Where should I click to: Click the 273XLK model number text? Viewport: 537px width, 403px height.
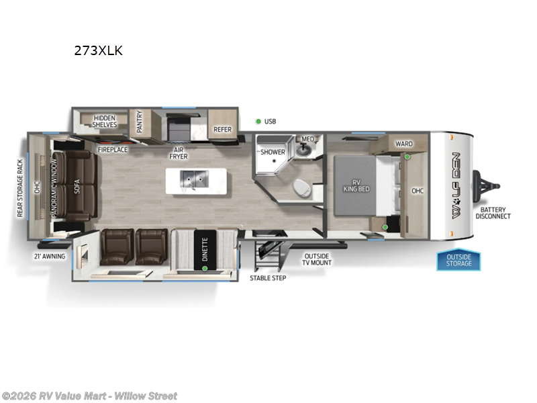(98, 50)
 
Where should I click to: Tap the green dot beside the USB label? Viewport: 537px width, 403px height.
(258, 122)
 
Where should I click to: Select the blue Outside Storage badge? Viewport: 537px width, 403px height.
(459, 260)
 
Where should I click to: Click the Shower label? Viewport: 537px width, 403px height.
(273, 152)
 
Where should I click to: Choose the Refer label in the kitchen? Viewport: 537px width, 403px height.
(222, 130)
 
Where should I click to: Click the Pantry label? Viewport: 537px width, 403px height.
(140, 123)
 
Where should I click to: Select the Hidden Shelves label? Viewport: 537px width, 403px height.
(105, 121)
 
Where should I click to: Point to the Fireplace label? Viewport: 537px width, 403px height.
(112, 149)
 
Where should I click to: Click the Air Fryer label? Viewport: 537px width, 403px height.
(178, 152)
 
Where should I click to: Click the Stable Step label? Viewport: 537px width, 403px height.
(268, 277)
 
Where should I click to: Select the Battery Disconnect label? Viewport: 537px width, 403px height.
(493, 212)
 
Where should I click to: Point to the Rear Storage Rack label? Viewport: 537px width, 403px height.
(20, 188)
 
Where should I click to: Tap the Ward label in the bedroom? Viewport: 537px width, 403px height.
(403, 144)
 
